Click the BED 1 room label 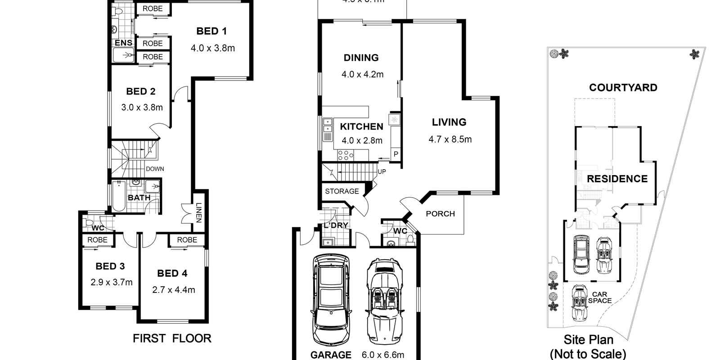coord(211,31)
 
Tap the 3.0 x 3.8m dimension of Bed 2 coord(142,108)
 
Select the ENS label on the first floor coord(123,43)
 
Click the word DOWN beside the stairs coord(155,169)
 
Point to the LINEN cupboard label coord(198,213)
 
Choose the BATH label coord(139,198)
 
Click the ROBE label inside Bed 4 coord(187,240)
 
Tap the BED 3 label coord(110,266)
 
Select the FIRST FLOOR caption coord(172,338)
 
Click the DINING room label coord(361,58)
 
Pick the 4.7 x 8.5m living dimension coord(450,139)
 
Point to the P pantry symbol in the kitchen coord(396,154)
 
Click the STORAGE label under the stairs coord(342,191)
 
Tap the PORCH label coord(440,214)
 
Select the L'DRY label coord(336,225)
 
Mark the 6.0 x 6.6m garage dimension coord(382,355)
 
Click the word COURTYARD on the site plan coord(623,88)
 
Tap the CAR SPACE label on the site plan coord(599,297)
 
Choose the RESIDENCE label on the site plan coord(617,179)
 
